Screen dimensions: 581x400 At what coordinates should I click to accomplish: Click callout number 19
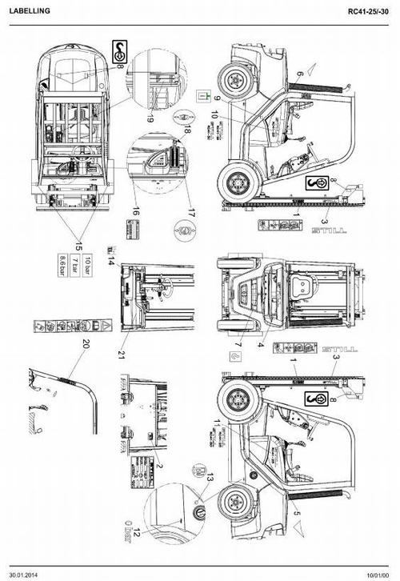[x=150, y=118]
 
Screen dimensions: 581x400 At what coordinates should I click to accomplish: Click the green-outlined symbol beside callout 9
[x=204, y=96]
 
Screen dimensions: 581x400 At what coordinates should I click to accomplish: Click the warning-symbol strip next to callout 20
[x=73, y=327]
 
